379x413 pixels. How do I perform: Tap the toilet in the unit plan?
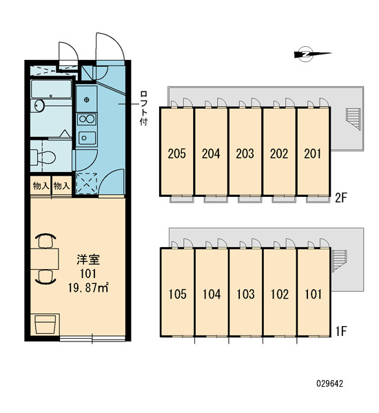[x=43, y=157]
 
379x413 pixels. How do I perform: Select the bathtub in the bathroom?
[x=51, y=89]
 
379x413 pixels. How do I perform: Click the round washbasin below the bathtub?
[x=39, y=106]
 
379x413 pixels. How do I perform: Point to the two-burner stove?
[x=87, y=119]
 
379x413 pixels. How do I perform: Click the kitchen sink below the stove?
[x=87, y=138]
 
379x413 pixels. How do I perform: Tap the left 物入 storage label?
[x=41, y=186]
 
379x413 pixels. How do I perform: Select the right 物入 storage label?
[x=62, y=186]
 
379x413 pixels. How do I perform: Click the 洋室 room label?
[x=88, y=260]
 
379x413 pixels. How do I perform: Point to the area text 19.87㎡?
[x=88, y=288]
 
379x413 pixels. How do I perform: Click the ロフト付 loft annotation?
[x=144, y=108]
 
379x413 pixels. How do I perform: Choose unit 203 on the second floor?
[x=245, y=153]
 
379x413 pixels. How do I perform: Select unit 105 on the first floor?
[x=177, y=294]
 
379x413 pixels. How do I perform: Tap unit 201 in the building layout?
[x=313, y=153]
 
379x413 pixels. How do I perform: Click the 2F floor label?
[x=340, y=198]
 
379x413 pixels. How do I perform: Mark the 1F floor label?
[x=341, y=331]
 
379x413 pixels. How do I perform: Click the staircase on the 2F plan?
[x=353, y=119]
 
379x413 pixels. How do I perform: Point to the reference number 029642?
[x=330, y=383]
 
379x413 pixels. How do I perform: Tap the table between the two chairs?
[x=44, y=259]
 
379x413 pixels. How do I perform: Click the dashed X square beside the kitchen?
[x=87, y=184]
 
